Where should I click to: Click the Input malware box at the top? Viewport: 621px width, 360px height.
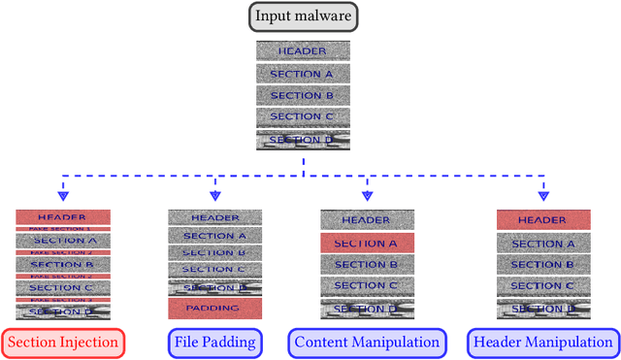tap(303, 16)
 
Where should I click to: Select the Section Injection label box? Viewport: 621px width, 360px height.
tap(64, 343)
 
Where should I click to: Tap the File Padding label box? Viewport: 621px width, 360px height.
tap(215, 343)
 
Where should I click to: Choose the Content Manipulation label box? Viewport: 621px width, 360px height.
tap(367, 343)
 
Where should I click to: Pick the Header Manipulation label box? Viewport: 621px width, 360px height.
tap(542, 343)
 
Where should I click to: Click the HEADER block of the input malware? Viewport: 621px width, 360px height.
tap(303, 51)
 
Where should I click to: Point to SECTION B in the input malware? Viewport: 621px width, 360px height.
tap(303, 95)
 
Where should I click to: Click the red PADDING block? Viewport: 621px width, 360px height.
tap(215, 308)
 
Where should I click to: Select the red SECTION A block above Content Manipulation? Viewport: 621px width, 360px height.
tap(367, 243)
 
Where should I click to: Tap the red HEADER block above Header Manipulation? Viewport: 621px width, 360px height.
tap(542, 220)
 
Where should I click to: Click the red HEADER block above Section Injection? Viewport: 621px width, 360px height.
tap(63, 217)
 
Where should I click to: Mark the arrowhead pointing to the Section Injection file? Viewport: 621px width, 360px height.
tap(63, 195)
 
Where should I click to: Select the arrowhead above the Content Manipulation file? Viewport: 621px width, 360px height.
tap(367, 195)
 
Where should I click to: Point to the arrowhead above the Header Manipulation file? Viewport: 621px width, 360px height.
tap(542, 195)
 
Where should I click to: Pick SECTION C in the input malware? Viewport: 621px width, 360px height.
tap(303, 117)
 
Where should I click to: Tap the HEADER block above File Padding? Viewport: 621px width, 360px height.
tap(215, 218)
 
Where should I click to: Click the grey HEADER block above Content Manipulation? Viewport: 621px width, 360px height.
tap(367, 220)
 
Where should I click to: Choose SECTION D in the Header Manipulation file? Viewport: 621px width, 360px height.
tap(542, 309)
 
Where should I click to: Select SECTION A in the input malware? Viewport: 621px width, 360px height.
tap(303, 74)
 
